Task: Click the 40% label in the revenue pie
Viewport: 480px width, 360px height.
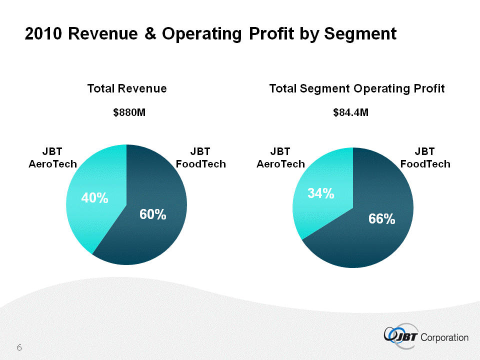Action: click(x=95, y=198)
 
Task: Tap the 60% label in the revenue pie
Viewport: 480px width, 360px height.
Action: click(x=152, y=215)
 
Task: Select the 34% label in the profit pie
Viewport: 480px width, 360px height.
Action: click(x=320, y=193)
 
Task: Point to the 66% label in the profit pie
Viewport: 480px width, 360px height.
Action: click(x=381, y=218)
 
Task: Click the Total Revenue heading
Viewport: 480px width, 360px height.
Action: click(x=127, y=88)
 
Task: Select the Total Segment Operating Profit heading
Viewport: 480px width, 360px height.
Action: click(x=356, y=88)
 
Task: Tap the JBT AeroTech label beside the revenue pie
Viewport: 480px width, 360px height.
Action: click(x=52, y=157)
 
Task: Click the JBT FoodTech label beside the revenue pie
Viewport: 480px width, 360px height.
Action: click(x=200, y=157)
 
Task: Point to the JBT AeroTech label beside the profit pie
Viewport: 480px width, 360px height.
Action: click(x=280, y=157)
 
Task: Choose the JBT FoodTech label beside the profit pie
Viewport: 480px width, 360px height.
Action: click(x=425, y=157)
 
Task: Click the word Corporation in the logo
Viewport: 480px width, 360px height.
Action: click(x=445, y=337)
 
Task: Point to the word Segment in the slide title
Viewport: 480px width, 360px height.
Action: click(x=360, y=33)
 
